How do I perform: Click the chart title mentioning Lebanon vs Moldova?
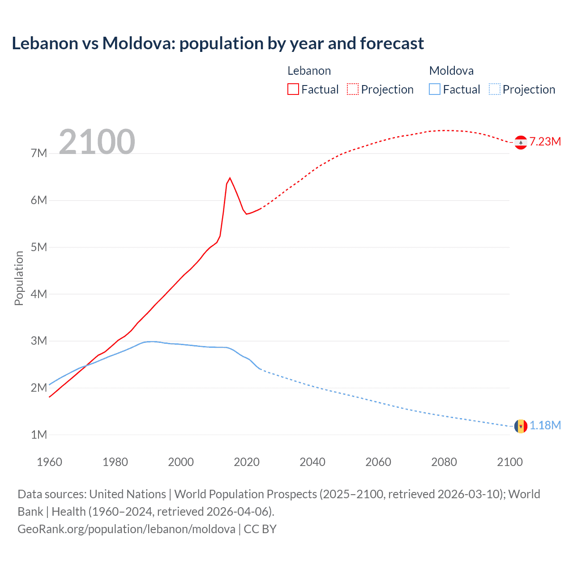coord(218,43)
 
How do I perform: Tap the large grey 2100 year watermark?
coord(97,142)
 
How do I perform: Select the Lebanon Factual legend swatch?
coord(293,89)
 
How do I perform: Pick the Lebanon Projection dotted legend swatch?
coord(353,89)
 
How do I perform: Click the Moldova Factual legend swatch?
coord(434,89)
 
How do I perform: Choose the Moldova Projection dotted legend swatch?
coord(494,89)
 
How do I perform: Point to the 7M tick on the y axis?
coord(39,154)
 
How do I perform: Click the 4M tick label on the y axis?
coord(39,294)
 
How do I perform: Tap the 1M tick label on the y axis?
coord(39,435)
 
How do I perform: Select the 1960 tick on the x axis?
coord(49,462)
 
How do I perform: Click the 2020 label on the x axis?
coord(247,462)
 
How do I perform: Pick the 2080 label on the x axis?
coord(444,462)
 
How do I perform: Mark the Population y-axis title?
coord(19,278)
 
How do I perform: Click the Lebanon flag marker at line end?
coord(521,142)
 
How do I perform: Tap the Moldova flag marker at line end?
coord(521,426)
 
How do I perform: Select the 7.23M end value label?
coord(545,142)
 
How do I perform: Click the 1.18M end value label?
coord(545,426)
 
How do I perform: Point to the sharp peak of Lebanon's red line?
coord(230,178)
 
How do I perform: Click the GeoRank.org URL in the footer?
coord(126,529)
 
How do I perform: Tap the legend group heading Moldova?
coord(451,71)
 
